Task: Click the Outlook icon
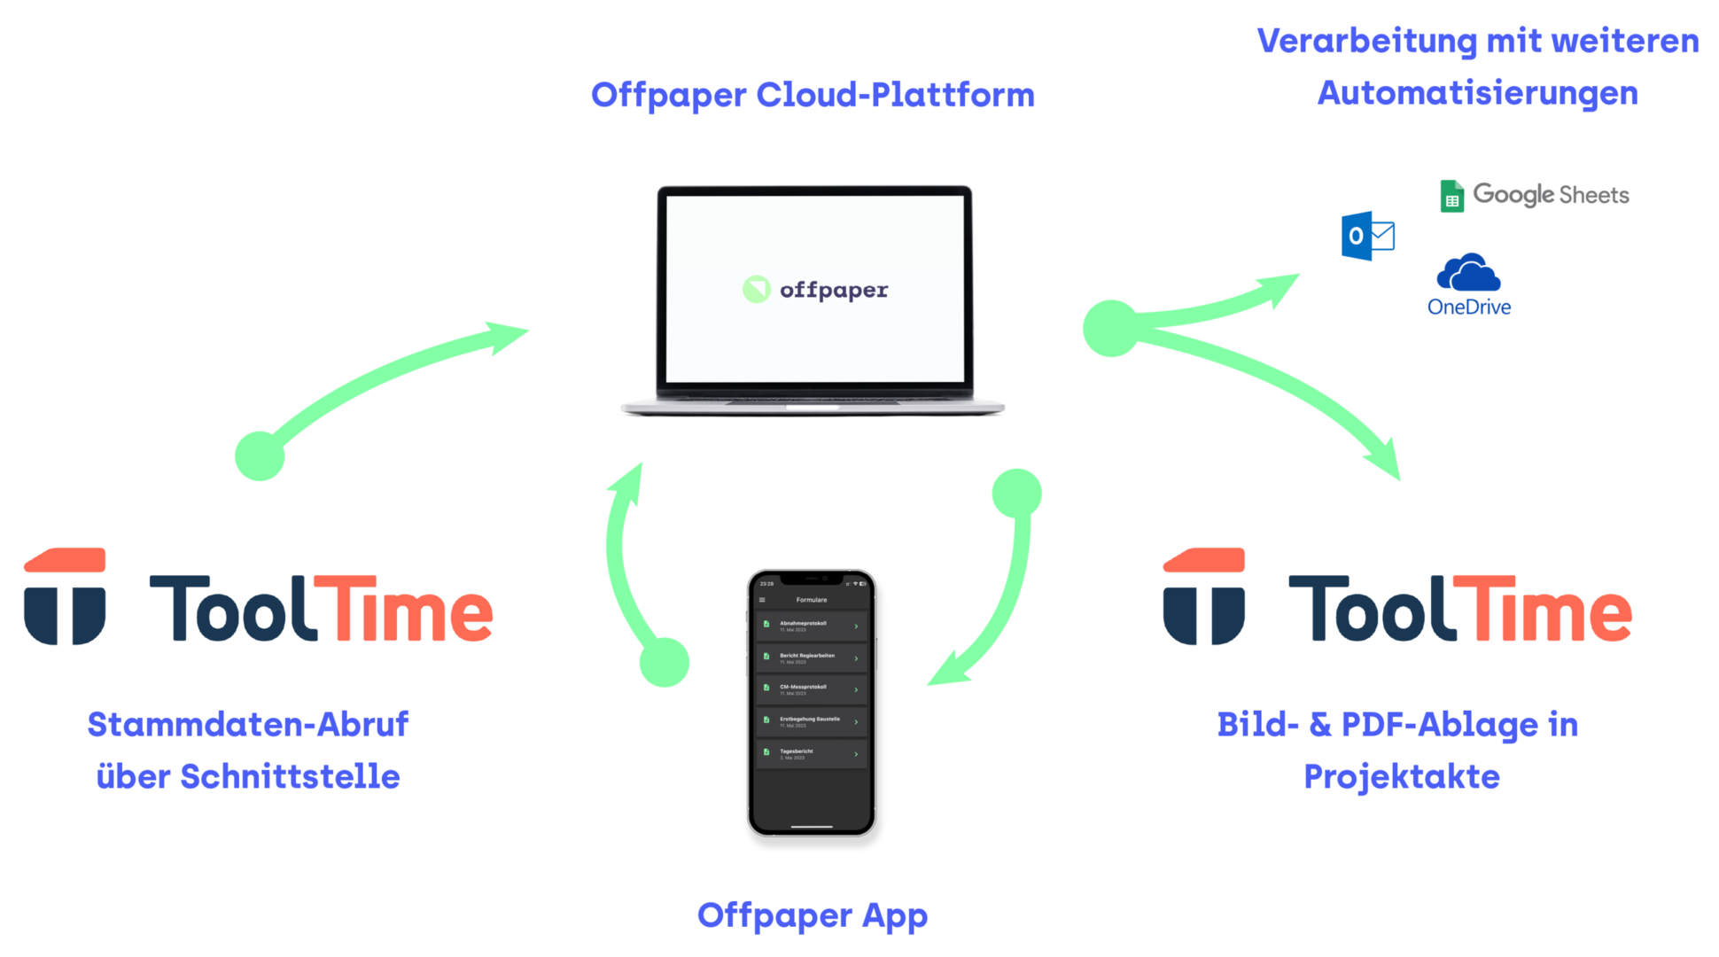(1366, 236)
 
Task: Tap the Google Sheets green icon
(1451, 196)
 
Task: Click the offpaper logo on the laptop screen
(815, 290)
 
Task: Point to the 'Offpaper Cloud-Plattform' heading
(813, 95)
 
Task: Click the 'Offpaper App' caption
(813, 915)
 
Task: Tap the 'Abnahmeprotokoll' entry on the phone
(811, 626)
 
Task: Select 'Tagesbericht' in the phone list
(811, 753)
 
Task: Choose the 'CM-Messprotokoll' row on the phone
(811, 689)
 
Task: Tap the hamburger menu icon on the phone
(762, 600)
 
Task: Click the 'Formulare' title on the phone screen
(812, 600)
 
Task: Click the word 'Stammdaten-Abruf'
(248, 724)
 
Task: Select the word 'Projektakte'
(1402, 776)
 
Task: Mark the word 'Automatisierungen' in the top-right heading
(1477, 93)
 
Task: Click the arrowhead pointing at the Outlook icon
(1285, 285)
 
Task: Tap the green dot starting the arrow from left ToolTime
(260, 456)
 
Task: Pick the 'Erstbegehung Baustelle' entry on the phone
(811, 721)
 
